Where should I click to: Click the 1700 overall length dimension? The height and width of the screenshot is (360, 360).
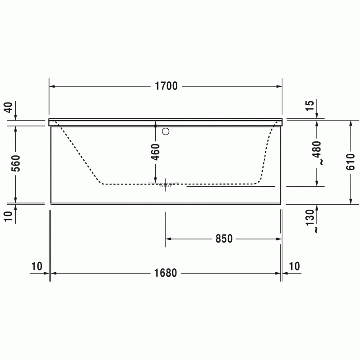click(x=166, y=86)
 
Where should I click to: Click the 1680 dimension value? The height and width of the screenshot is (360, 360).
click(x=166, y=273)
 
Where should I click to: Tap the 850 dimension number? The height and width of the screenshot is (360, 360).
click(x=224, y=239)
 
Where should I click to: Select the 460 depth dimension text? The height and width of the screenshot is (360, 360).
click(x=156, y=152)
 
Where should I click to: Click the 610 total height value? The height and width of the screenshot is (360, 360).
click(x=350, y=162)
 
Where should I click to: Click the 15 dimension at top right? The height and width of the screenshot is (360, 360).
click(x=310, y=105)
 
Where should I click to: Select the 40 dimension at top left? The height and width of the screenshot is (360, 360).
click(x=9, y=107)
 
